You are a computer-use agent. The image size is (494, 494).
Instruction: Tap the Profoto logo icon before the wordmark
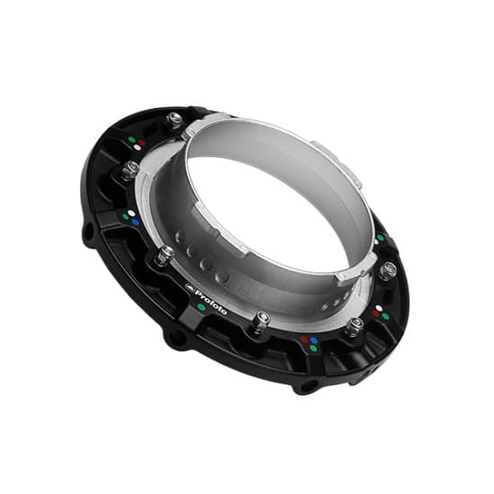tap(190, 287)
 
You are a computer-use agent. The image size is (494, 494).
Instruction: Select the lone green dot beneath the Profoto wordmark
tap(201, 307)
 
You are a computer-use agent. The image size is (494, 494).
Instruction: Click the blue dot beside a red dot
tap(314, 340)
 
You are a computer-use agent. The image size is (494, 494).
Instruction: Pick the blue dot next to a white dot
tap(136, 223)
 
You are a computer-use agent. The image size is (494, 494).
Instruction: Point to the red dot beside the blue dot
tap(304, 340)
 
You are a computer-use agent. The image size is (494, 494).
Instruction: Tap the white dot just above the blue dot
tap(132, 213)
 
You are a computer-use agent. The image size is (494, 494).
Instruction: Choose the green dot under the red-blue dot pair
tap(313, 348)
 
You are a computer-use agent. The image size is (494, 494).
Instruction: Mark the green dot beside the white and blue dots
tap(126, 217)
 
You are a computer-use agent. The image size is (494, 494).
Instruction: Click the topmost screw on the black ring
tap(174, 119)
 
